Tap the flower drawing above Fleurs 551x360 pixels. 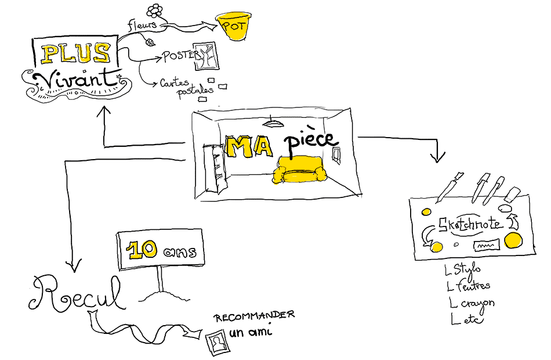pos(154,10)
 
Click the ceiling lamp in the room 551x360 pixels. pos(270,123)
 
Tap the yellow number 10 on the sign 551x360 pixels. pos(142,250)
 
